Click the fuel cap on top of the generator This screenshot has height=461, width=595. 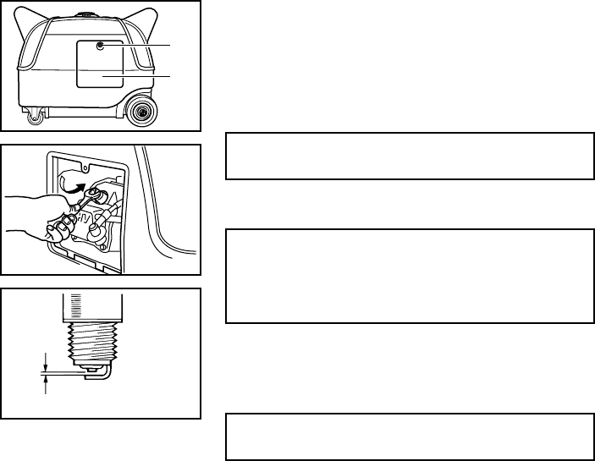pyautogui.click(x=86, y=14)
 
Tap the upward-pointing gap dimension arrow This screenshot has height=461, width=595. pyautogui.click(x=45, y=384)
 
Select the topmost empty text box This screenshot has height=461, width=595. pyautogui.click(x=410, y=156)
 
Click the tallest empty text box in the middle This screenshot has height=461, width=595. pyautogui.click(x=410, y=275)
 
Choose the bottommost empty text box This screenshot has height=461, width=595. pyautogui.click(x=410, y=436)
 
